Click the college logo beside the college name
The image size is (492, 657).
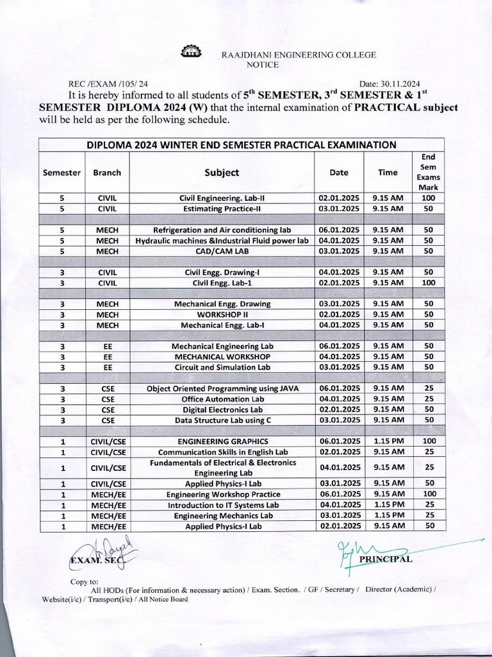(x=190, y=53)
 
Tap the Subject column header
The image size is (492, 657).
(x=222, y=173)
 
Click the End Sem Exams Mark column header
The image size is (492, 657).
(x=429, y=172)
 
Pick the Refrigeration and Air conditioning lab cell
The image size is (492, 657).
(x=222, y=230)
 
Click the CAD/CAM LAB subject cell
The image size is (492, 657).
(x=222, y=251)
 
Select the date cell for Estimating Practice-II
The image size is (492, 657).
(x=339, y=209)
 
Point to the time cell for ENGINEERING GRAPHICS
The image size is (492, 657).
(x=388, y=441)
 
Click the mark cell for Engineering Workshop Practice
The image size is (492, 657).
(x=429, y=494)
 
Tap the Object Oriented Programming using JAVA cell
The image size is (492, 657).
(x=222, y=388)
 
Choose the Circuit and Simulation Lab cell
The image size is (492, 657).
(x=222, y=367)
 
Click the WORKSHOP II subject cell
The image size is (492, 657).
(x=222, y=314)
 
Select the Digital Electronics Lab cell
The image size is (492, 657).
(x=222, y=409)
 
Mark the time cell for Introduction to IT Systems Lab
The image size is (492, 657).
(x=388, y=504)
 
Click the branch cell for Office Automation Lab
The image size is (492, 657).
(x=108, y=399)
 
